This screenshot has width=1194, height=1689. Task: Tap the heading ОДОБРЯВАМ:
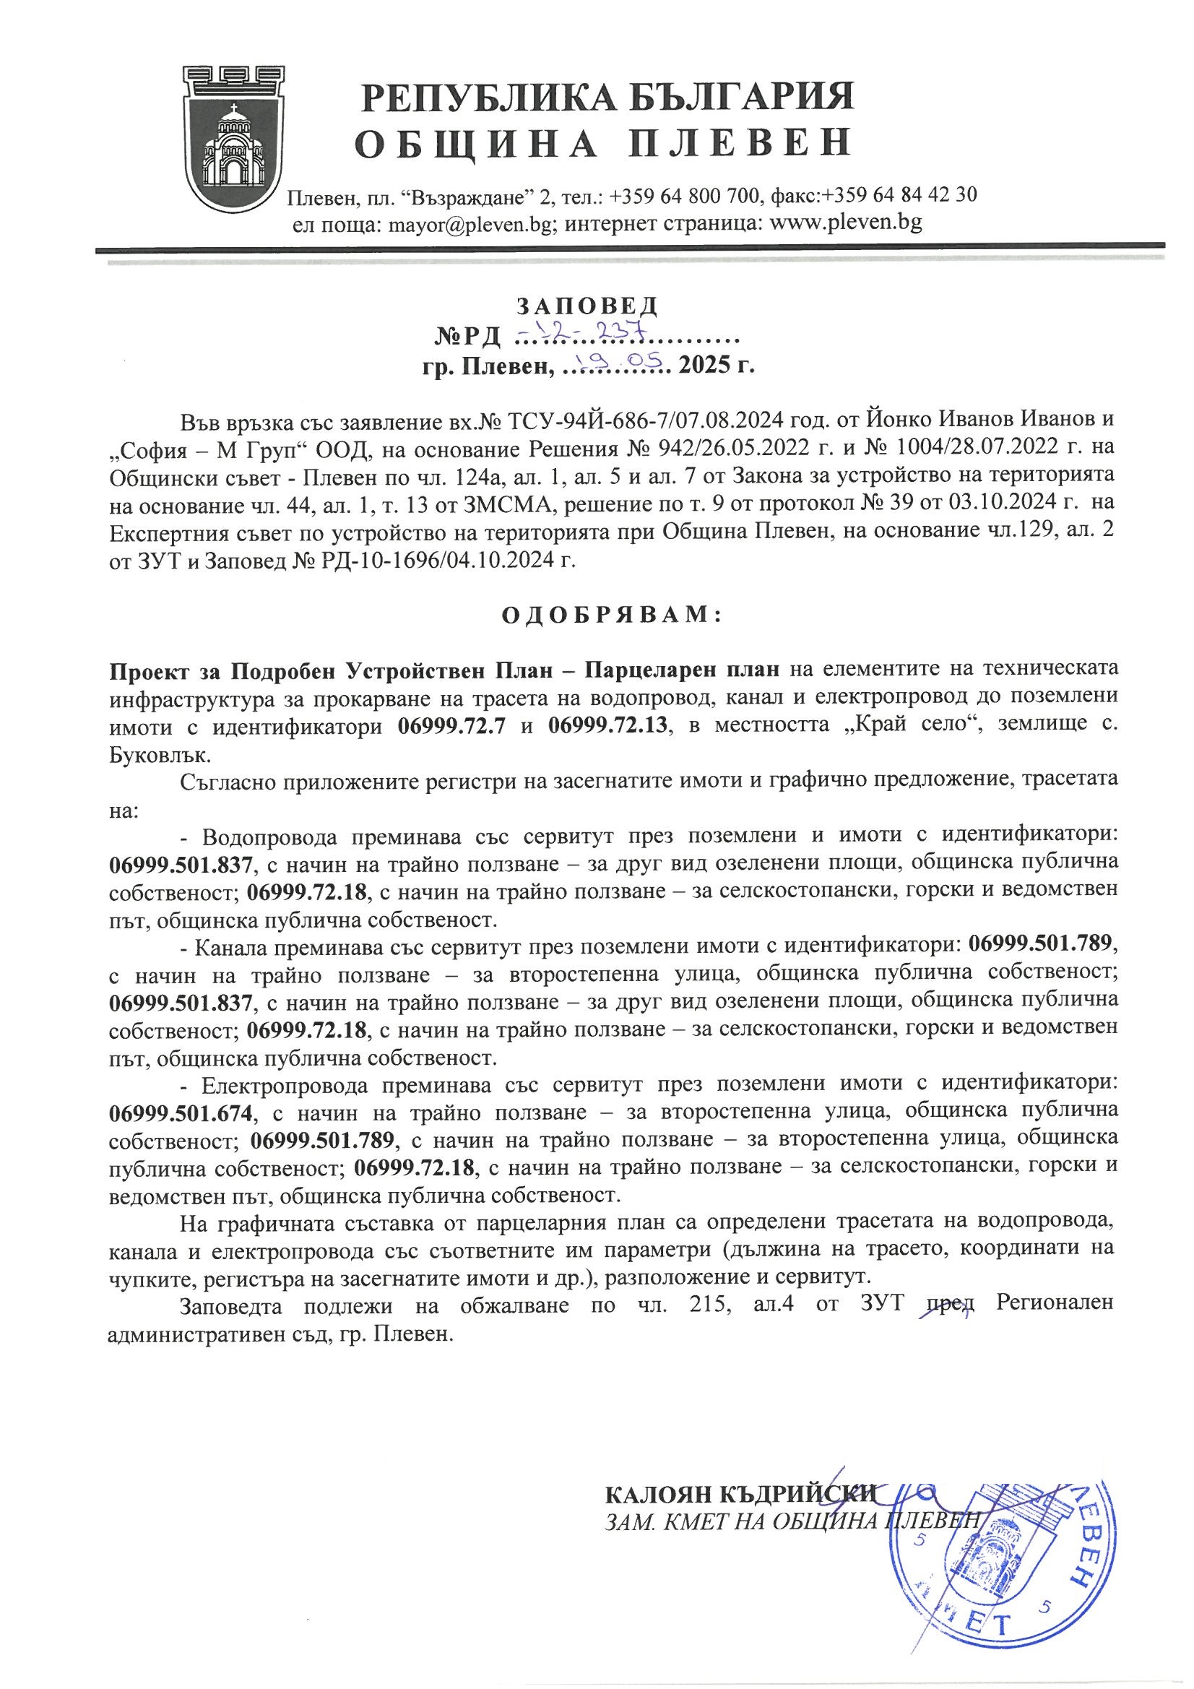tap(612, 615)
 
